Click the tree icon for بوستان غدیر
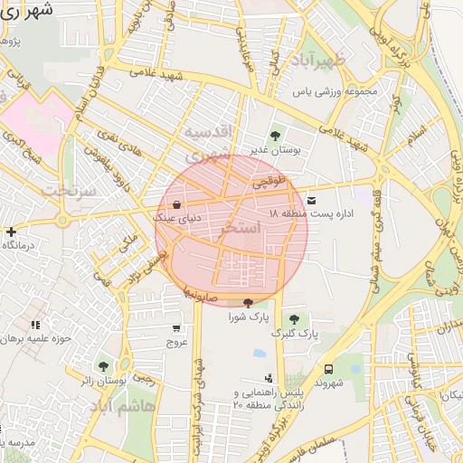275,137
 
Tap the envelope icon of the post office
312,199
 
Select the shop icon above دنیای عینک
175,204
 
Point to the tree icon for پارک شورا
248,303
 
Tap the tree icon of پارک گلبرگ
293,319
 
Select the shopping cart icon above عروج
175,329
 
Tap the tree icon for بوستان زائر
104,366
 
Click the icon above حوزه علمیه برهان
35,325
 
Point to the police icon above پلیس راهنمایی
268,378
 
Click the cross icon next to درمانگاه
10,231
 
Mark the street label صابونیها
197,294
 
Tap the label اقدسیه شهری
213,143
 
